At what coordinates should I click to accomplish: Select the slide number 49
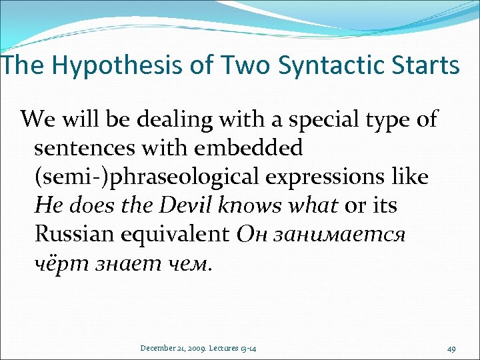(452, 347)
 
